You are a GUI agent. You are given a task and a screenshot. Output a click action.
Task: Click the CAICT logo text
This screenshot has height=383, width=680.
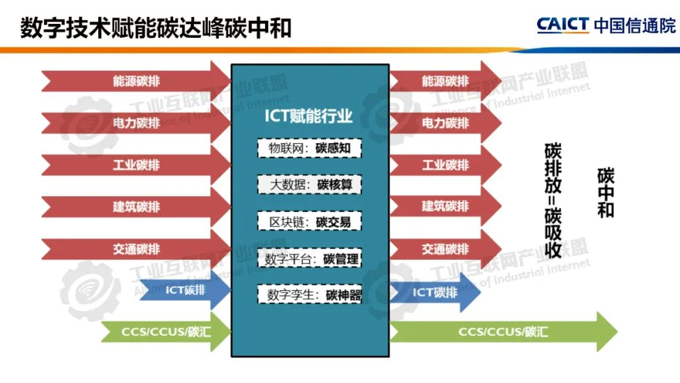563,25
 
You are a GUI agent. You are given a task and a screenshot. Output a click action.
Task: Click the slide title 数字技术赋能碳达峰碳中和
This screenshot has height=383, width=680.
156,28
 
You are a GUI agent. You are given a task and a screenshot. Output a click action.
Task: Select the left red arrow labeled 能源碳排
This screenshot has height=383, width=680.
136,81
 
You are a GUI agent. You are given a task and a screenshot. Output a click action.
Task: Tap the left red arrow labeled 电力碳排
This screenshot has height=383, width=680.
136,123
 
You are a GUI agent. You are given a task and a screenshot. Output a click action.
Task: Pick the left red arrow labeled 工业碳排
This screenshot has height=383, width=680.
136,165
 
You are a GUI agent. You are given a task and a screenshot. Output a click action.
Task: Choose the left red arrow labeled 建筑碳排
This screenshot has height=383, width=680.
136,207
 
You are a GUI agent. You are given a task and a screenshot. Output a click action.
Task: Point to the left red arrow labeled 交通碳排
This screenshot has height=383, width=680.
136,249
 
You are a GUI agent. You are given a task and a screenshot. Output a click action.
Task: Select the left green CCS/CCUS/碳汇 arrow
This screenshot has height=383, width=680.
166,332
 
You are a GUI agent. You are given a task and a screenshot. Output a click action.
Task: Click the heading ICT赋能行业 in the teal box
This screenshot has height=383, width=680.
309,117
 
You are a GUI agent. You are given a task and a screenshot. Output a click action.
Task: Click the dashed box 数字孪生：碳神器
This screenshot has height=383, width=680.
309,294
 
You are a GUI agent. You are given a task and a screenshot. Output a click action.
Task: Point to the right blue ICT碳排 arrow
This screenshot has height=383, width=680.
434,292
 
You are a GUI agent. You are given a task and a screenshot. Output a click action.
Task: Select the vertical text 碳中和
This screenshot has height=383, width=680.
606,193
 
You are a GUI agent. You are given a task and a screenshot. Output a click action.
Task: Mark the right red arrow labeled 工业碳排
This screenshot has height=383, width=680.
445,165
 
